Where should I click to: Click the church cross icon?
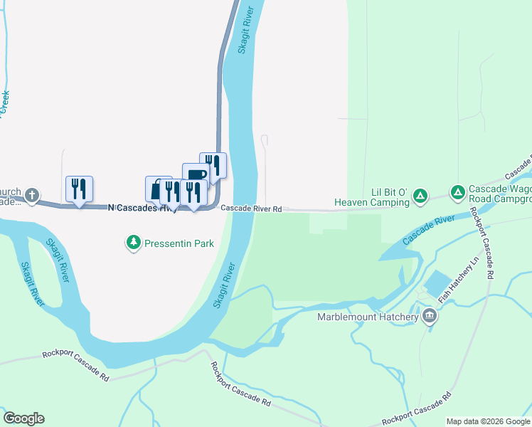(31, 194)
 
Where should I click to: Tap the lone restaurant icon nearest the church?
(79, 189)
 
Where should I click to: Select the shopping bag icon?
(156, 189)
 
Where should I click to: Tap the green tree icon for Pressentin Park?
(133, 243)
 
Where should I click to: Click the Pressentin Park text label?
(179, 243)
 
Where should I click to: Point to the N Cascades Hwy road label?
(142, 208)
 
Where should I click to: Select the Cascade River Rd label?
(250, 209)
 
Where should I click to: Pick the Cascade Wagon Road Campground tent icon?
(457, 192)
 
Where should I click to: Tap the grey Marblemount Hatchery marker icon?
(429, 315)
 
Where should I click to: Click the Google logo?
(23, 418)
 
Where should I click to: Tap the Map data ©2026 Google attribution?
(488, 421)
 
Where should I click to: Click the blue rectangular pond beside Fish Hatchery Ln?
(436, 282)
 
